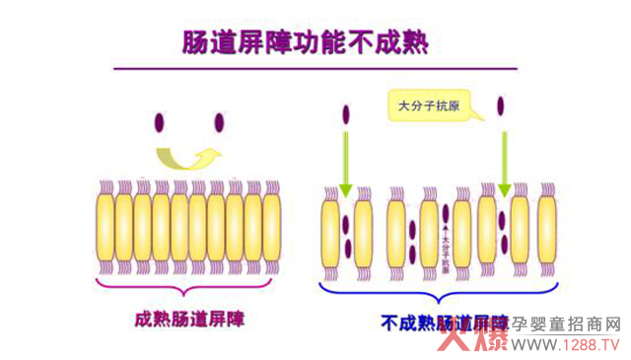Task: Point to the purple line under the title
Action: pyautogui.click(x=315, y=69)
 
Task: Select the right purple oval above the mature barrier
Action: pyautogui.click(x=219, y=122)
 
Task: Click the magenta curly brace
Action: pyautogui.click(x=187, y=286)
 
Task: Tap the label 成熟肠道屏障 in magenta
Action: pyautogui.click(x=189, y=319)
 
